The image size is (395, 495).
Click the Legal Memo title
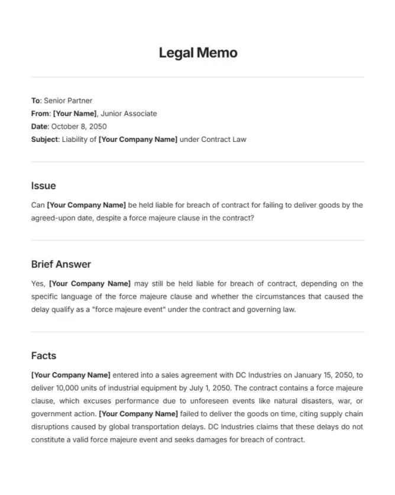point(197,53)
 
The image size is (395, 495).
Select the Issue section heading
point(43,186)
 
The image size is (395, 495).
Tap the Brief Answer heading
point(61,264)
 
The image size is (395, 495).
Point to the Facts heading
point(44,355)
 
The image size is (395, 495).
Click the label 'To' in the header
point(35,101)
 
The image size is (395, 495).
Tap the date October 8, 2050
point(79,127)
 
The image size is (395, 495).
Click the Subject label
point(45,140)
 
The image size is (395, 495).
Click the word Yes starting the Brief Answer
point(37,284)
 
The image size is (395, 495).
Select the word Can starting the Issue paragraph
point(37,205)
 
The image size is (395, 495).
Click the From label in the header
point(41,114)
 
